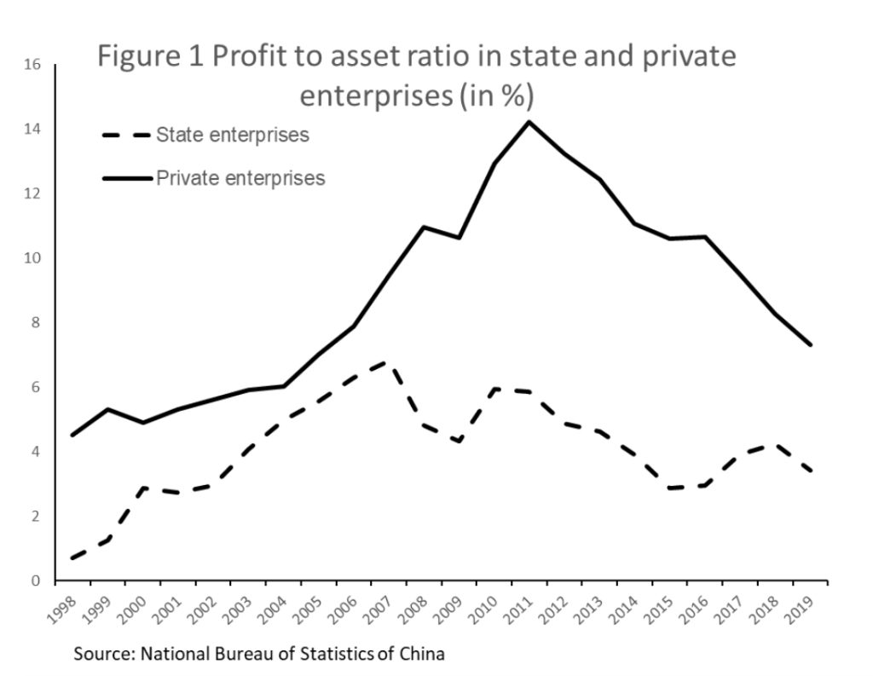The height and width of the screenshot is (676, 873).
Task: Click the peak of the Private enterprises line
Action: [x=529, y=122]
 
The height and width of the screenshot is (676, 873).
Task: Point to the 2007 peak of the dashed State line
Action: [x=388, y=363]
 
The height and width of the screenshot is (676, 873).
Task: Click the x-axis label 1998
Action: [x=62, y=606]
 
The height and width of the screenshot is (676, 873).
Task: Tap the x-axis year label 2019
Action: [x=802, y=606]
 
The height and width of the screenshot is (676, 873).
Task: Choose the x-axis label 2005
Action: [x=309, y=606]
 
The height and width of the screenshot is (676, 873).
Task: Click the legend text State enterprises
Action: [x=233, y=136]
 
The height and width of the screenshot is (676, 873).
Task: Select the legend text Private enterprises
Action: [x=240, y=178]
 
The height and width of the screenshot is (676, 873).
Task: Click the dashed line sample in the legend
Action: [x=126, y=136]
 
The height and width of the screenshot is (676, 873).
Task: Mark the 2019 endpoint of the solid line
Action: [x=811, y=345]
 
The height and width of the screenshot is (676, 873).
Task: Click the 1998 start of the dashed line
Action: [x=74, y=558]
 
